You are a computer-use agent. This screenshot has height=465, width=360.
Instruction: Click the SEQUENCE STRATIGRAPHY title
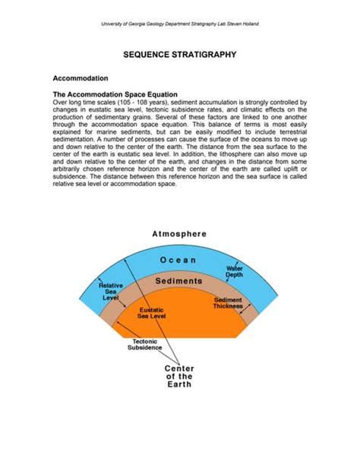point(180,55)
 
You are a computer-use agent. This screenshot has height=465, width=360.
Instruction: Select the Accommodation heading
point(81,77)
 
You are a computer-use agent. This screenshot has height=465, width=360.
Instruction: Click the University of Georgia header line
point(180,24)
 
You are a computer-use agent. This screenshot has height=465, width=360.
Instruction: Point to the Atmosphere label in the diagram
point(180,234)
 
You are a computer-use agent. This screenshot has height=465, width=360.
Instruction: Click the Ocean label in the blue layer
point(179,260)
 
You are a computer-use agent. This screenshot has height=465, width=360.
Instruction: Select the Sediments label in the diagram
point(179,281)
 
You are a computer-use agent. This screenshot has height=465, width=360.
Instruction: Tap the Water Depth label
point(234,272)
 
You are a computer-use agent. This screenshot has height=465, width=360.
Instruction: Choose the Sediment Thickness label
point(228,303)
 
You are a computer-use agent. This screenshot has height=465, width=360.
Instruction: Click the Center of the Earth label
point(179,376)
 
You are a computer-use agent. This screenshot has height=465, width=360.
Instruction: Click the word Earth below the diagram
point(179,384)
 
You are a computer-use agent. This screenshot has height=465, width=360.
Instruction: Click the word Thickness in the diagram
point(228,307)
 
